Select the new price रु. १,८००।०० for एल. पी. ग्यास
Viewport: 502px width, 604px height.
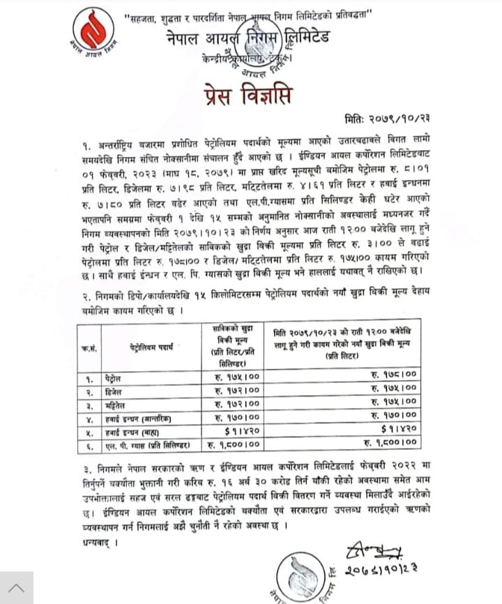[x=392, y=442]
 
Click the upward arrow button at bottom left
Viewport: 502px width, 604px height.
[x=17, y=587]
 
